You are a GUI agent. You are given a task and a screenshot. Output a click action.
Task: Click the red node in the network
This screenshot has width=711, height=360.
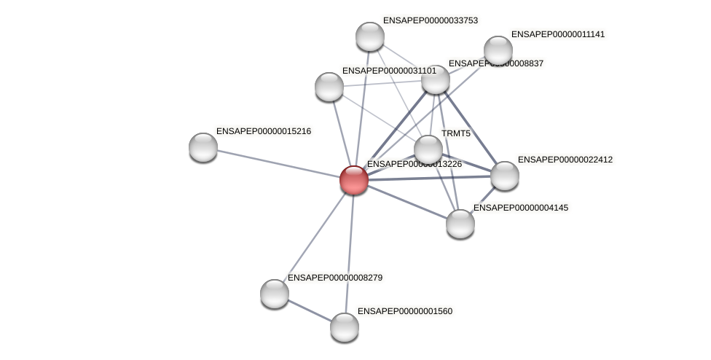coord(354,180)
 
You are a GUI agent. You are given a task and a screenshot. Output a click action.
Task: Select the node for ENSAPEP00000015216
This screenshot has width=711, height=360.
coord(203,147)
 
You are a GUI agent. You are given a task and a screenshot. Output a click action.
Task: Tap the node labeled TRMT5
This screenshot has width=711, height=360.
coord(428,150)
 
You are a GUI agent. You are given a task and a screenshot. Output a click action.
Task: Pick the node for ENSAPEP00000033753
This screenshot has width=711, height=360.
coord(370,36)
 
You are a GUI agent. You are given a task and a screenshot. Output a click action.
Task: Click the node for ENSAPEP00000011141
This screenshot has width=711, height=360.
coord(498,50)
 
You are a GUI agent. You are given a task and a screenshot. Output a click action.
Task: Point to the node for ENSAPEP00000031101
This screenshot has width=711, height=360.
coord(329,87)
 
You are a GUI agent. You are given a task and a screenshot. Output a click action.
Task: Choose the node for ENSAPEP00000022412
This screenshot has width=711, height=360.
coord(505,176)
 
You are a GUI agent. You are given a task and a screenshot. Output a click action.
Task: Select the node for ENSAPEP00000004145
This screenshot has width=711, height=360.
coord(460,224)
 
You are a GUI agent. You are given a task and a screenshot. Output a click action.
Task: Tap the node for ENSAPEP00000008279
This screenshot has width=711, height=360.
coord(275,294)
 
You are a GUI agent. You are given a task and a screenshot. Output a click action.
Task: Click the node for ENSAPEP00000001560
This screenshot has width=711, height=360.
coord(345,327)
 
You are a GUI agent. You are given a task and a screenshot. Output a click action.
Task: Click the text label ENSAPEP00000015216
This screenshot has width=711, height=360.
coord(264,131)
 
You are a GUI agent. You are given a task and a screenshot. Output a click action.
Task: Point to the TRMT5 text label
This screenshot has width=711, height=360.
coord(456,133)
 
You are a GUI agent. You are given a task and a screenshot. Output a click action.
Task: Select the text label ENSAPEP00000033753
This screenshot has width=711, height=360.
coord(431,20)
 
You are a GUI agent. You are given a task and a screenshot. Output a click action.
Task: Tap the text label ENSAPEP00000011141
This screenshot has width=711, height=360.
coord(558,34)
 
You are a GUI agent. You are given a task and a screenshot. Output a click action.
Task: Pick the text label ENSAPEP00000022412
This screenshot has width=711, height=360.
coord(565,160)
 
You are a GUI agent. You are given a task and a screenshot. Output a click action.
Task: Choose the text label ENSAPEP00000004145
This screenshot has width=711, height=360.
coord(521,208)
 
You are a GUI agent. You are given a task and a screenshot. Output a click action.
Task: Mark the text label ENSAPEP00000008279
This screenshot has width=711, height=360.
coord(335,278)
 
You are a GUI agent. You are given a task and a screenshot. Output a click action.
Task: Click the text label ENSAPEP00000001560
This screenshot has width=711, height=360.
coord(405,311)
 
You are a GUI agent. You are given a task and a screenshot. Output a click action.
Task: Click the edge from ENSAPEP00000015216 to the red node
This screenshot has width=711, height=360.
coord(277,163)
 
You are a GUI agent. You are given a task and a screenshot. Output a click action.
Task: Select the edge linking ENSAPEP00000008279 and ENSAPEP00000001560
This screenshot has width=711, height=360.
coord(310,310)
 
